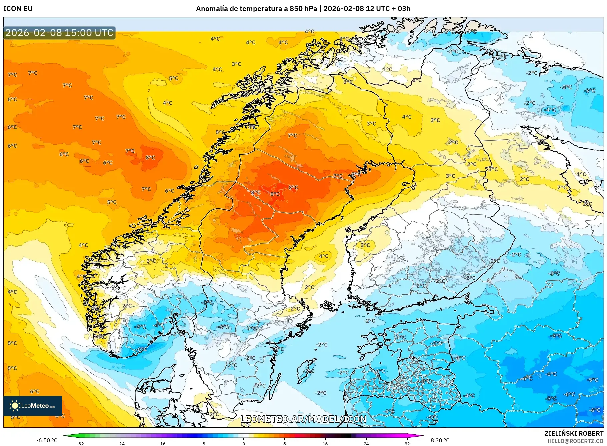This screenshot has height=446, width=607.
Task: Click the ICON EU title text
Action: click(x=18, y=9)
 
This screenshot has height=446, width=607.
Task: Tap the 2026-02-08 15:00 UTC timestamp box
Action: click(x=59, y=33)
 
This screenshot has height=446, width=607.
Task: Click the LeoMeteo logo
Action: click(x=33, y=406)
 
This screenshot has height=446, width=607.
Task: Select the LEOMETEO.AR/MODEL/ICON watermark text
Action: click(x=303, y=419)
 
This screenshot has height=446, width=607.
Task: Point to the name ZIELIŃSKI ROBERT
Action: click(x=574, y=433)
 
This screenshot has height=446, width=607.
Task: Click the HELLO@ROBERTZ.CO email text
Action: click(x=575, y=441)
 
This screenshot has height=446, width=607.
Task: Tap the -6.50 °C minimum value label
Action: click(x=47, y=440)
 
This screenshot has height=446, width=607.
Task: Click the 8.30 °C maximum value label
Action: click(x=440, y=440)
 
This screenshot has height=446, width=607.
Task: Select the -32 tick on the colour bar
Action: click(x=80, y=444)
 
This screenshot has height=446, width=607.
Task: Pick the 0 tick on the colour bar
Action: click(x=244, y=444)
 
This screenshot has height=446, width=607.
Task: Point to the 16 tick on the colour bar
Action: click(x=325, y=444)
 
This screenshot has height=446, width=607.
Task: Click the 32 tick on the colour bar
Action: click(x=407, y=444)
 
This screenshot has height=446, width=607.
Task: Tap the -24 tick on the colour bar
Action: click(x=121, y=444)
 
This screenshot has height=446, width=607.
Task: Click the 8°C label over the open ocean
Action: click(x=150, y=158)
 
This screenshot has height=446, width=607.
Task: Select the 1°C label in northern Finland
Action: click(x=387, y=69)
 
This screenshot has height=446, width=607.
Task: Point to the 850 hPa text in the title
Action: click(x=303, y=9)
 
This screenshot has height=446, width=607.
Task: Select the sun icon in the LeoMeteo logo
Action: click(x=15, y=405)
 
